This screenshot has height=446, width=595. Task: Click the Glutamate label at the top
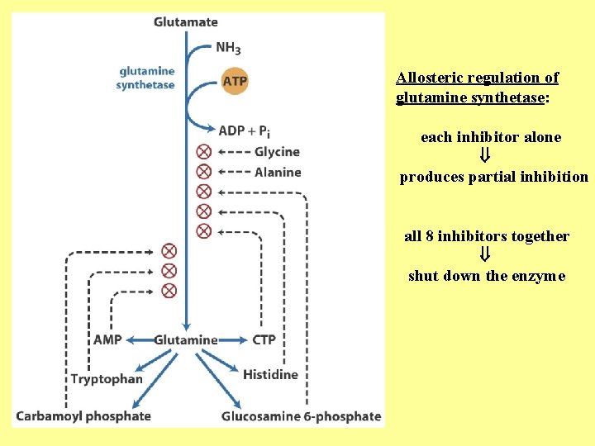(186, 22)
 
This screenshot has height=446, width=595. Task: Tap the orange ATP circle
(235, 81)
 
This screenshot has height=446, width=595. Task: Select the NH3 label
(229, 47)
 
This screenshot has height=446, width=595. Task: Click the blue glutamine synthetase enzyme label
(146, 78)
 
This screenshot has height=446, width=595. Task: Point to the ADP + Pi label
(245, 130)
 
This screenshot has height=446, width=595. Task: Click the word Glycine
(277, 152)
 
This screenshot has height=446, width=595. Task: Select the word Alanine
(278, 172)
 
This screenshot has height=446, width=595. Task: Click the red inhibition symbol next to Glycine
(204, 151)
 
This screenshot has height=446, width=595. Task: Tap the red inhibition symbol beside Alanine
(204, 171)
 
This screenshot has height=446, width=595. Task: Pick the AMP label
(108, 339)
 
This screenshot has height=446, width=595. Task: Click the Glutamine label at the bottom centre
(186, 339)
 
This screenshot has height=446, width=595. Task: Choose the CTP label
(264, 339)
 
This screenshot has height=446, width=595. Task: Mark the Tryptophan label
(107, 379)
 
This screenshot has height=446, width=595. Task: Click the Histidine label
(270, 375)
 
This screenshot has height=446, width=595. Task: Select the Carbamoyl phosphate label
(83, 415)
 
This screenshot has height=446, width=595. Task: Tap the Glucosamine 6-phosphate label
(301, 416)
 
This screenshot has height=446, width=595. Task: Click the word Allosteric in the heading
(430, 78)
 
